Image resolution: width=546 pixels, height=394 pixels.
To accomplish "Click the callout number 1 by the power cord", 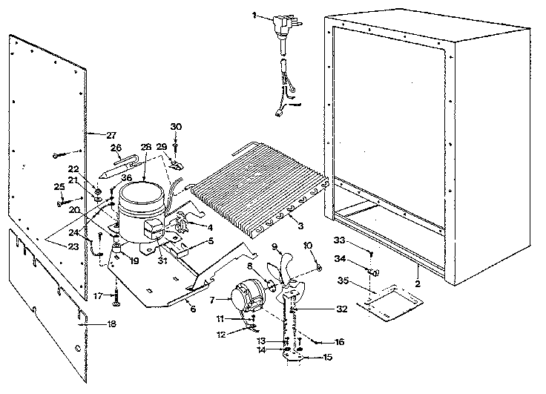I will point(254,15).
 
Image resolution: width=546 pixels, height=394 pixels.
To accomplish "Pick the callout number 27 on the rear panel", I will point(111,134).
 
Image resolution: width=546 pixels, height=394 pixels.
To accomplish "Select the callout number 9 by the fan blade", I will point(274,246).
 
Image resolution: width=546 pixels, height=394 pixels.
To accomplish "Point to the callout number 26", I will point(116,147).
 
